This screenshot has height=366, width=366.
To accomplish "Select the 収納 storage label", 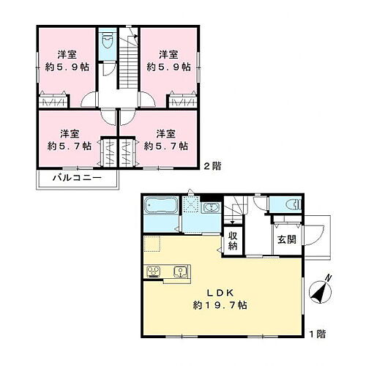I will (233, 241).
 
